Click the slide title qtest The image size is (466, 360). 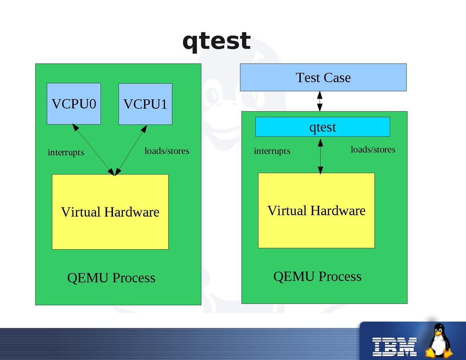tap(217, 41)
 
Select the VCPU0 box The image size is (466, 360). tap(74, 104)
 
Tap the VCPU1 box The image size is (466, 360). tap(145, 104)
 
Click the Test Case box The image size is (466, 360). tap(323, 77)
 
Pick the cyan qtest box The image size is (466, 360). tap(322, 127)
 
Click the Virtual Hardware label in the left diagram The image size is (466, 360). tap(110, 212)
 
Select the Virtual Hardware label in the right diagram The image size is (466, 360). tap(316, 211)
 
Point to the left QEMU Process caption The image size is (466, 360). tap(111, 278)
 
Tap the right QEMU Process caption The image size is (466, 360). tap(317, 276)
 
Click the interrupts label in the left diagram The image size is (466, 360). tap(66, 153)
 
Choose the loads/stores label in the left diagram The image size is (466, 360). tap(167, 151)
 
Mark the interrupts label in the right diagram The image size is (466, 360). tap(272, 151)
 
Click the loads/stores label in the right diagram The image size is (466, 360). tap(373, 149)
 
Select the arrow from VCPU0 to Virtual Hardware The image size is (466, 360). tap(93, 149)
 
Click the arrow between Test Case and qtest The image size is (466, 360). tap(319, 101)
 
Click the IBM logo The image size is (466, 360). tap(394, 346)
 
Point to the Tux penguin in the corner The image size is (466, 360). tap(439, 341)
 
